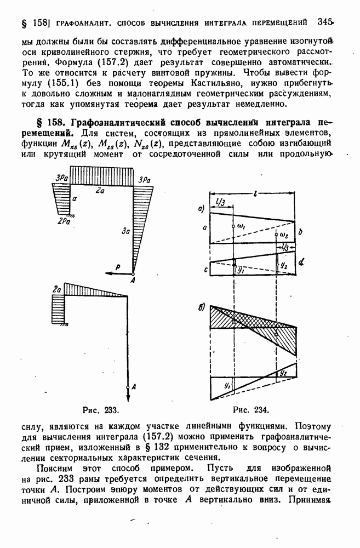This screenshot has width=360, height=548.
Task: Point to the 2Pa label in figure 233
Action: tap(65, 221)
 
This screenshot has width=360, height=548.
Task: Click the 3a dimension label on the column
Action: tap(127, 232)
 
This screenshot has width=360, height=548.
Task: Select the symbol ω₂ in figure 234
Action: tap(283, 234)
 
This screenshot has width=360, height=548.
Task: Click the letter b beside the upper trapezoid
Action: tap(301, 232)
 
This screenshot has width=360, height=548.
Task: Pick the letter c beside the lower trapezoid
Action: tap(204, 269)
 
